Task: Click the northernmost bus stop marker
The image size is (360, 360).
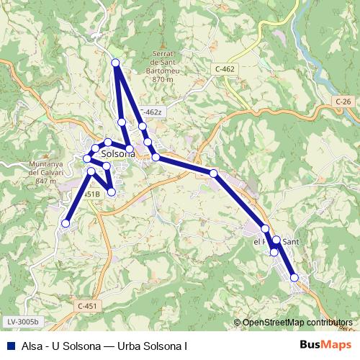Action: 115,63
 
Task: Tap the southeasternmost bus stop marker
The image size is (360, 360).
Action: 294,277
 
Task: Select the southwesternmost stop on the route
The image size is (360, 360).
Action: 66,223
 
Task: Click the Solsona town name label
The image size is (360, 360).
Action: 119,153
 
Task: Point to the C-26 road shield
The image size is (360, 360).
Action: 343,102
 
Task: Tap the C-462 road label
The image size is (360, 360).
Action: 225,68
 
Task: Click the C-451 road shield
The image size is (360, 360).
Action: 86,306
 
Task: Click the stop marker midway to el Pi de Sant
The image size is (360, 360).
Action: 213,173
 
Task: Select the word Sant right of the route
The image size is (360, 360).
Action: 290,242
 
